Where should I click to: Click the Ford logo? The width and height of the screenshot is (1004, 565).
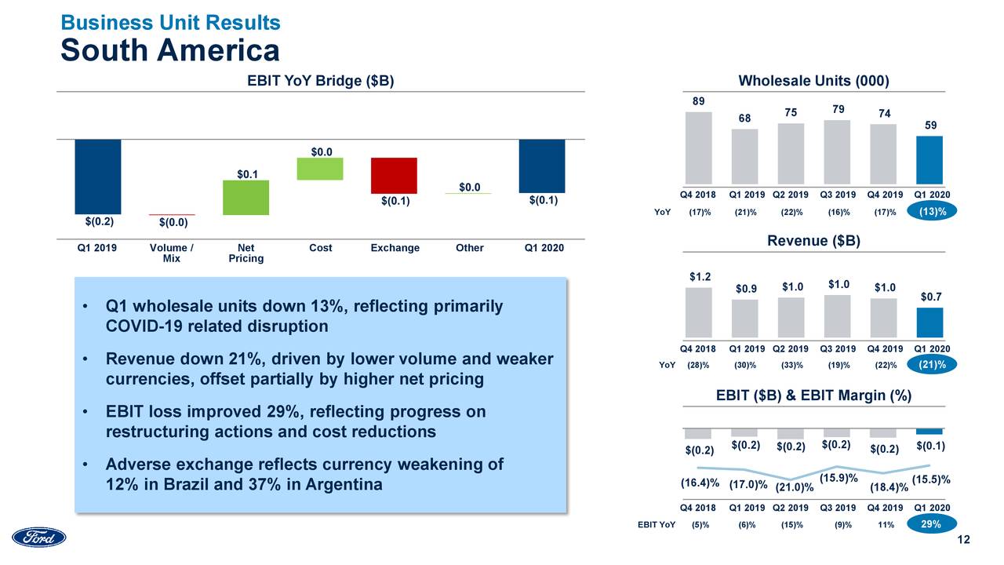39,538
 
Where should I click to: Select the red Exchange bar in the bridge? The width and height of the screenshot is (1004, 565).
395,175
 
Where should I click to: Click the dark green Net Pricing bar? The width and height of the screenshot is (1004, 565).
246,198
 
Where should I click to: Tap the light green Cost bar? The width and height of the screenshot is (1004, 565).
320,169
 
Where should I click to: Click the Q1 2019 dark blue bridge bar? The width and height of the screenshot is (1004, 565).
98,177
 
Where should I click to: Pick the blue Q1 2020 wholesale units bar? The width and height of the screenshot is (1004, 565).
929,159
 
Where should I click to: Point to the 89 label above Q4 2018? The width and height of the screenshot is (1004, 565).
698,101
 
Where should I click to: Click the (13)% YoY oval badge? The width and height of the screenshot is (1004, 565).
932,212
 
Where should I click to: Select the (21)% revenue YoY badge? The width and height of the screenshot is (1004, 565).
932,365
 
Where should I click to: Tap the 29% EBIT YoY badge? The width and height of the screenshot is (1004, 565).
932,526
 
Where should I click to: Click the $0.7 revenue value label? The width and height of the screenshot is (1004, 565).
931,297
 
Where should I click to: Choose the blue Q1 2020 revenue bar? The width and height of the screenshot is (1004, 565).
929,323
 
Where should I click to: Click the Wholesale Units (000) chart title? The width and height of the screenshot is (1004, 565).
813,81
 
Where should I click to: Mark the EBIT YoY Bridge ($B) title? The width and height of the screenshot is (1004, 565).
320,81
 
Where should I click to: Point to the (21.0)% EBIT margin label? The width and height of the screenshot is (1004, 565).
795,488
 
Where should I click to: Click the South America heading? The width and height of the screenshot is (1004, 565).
170,51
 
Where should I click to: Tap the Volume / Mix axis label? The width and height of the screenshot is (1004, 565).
171,253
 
